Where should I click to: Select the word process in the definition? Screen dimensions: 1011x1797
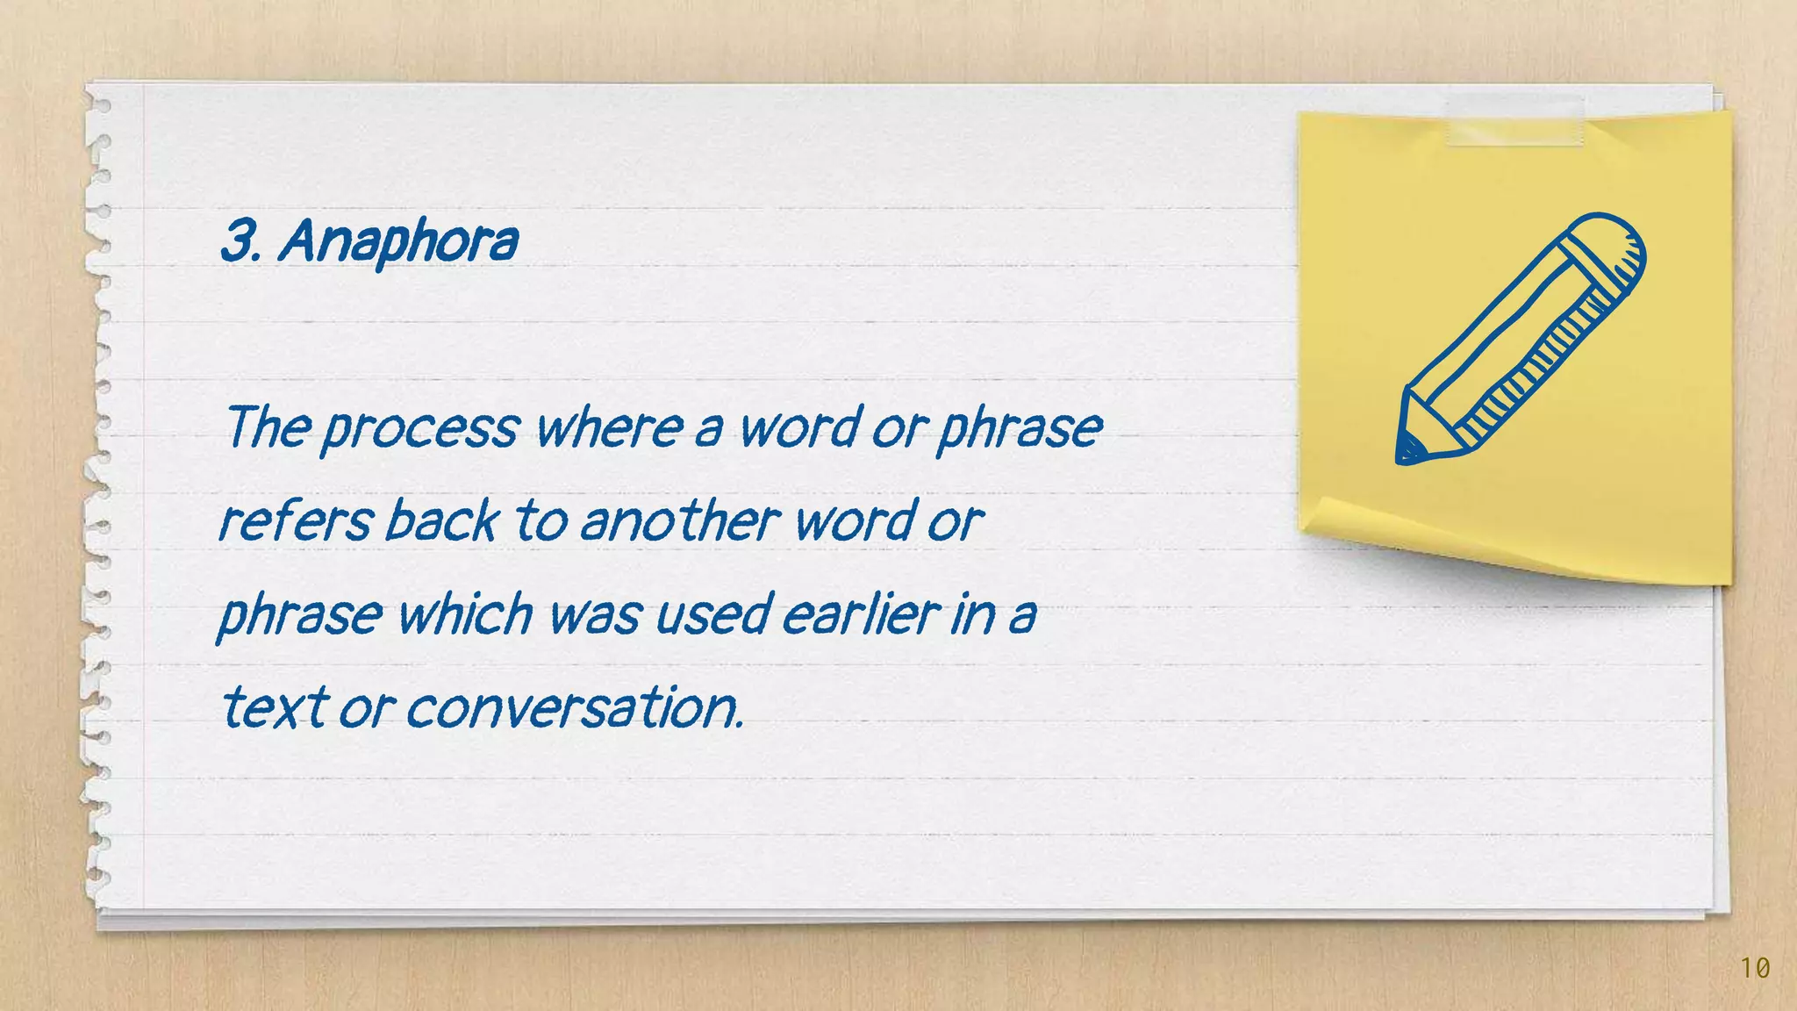pos(420,428)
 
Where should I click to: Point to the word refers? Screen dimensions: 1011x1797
pos(295,520)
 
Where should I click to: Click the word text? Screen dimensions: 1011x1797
pos(275,706)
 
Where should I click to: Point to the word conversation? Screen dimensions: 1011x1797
pos(575,707)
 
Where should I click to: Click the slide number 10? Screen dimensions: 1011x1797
pos(1755,968)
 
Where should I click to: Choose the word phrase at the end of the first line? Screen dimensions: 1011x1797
pos(1020,428)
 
